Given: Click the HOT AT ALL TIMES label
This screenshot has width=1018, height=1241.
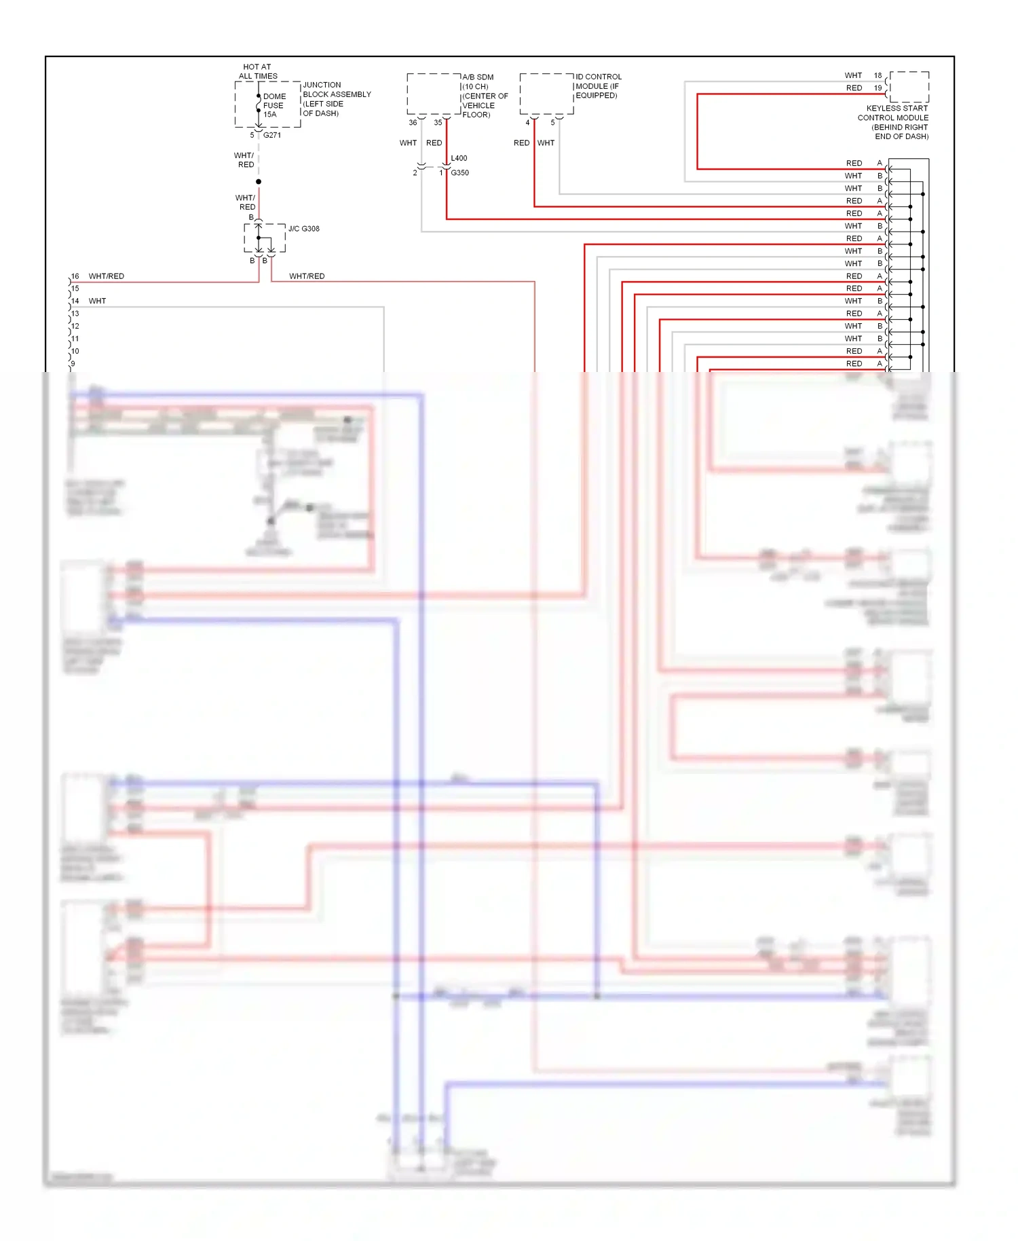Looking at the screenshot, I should [x=258, y=71].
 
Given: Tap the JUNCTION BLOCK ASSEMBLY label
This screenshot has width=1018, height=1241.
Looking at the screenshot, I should [x=337, y=98].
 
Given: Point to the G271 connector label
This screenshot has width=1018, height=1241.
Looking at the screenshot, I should [x=272, y=135].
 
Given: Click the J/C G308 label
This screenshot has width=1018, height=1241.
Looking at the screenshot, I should [x=303, y=229].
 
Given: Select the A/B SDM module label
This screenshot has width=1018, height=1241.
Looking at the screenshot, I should [x=485, y=96].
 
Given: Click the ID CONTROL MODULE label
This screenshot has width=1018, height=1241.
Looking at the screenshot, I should [x=598, y=86].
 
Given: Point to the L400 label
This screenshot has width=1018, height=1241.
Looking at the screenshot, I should [x=459, y=158].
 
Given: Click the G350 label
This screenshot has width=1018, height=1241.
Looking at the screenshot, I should [x=459, y=172].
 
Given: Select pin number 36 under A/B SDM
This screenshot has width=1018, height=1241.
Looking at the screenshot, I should [x=413, y=123].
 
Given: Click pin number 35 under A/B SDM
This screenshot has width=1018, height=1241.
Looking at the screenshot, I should [x=438, y=123].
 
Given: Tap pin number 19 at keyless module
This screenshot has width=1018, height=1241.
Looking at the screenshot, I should [x=878, y=88].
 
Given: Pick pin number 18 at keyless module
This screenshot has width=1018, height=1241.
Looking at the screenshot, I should [x=878, y=75].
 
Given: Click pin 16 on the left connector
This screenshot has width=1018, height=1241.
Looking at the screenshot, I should [x=75, y=276].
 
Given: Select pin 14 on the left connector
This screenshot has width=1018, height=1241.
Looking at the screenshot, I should [x=75, y=301].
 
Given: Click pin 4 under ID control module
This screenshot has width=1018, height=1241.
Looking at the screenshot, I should [x=527, y=123].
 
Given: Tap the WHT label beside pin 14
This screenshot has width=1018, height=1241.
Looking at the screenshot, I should [x=97, y=301].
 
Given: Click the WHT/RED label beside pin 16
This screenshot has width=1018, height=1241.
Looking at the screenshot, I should [x=107, y=276].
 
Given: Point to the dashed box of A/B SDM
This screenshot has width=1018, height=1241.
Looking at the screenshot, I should [x=434, y=94].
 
